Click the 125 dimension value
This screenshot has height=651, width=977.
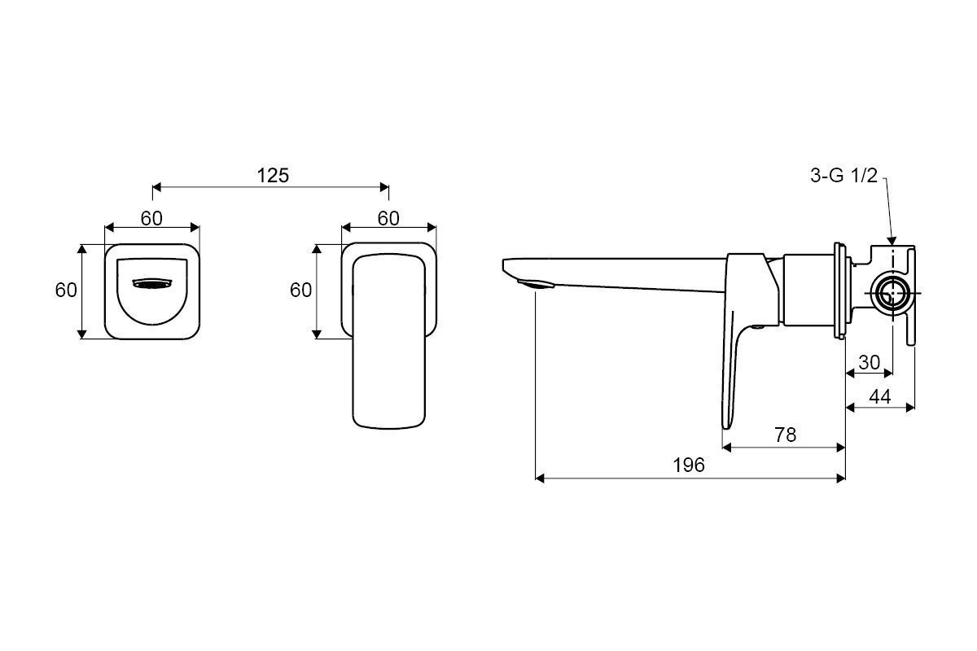coord(272,175)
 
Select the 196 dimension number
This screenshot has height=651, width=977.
coord(689,465)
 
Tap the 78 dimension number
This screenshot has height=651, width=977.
coord(785,435)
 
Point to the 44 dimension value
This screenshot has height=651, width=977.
coord(879,396)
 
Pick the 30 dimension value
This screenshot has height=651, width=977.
coord(869,362)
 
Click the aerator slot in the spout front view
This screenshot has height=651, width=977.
coord(152,283)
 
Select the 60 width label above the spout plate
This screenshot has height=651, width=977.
coord(151,218)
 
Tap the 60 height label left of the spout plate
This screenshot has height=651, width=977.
coord(66,290)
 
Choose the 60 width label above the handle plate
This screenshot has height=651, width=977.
coord(388,218)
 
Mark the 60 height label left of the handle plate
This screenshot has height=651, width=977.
coord(301,290)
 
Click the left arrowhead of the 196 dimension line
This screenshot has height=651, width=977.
coord(537,478)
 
